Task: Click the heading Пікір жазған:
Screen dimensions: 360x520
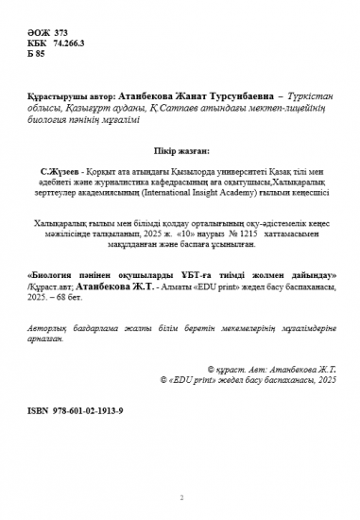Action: pos(180,149)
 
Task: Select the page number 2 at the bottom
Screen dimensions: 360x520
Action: pos(180,497)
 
